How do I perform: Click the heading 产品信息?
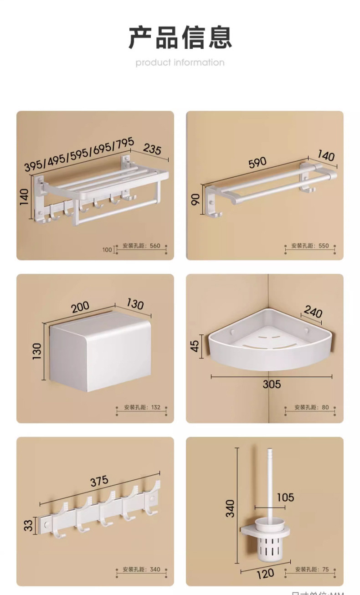[180, 37]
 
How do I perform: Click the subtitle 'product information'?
[180, 62]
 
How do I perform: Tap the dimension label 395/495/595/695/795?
[79, 155]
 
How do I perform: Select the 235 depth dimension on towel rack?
[152, 149]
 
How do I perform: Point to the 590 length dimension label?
[257, 163]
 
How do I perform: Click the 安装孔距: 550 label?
[310, 246]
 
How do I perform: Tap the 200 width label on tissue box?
[80, 308]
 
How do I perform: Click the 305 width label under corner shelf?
[272, 384]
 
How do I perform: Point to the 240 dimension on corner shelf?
[313, 312]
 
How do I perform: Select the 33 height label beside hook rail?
[29, 525]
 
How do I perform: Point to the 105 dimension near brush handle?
[285, 497]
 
